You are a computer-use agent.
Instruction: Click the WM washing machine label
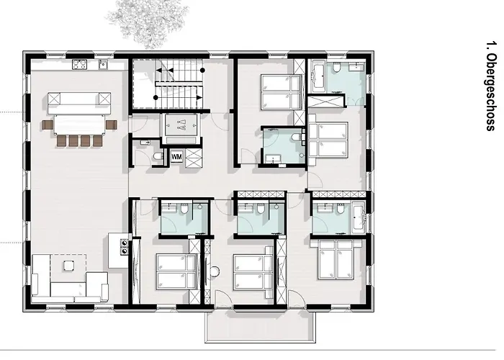(x=176, y=156)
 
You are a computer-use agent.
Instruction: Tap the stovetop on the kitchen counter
(x=79, y=65)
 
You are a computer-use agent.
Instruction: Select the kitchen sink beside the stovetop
(x=102, y=65)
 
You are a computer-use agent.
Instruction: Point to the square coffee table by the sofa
(x=69, y=266)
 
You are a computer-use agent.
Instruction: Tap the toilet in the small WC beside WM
(x=158, y=156)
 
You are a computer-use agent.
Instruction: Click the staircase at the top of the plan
(x=180, y=83)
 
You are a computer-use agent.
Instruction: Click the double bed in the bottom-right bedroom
(x=336, y=259)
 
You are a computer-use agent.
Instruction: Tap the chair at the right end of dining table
(x=111, y=124)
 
